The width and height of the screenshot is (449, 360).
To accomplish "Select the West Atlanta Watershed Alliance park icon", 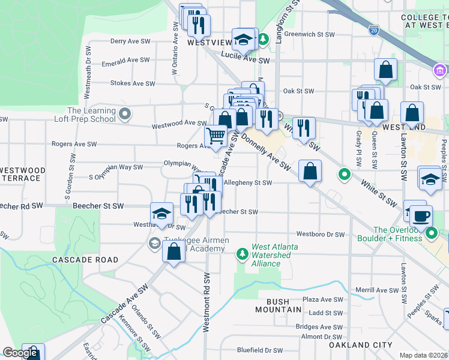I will pos(243,254).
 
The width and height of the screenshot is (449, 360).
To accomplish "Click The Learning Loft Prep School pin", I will pos(125,113).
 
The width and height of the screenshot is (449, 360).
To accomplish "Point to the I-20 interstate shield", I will pos(373,29).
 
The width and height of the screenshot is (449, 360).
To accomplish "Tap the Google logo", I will pos(20,353).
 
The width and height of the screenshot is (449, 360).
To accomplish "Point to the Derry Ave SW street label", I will pos(130,41).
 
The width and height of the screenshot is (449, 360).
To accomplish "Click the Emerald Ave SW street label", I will pos(125,61).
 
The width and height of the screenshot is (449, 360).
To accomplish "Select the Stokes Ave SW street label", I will pos(129,83).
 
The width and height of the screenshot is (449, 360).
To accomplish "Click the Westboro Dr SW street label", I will pos(321,235).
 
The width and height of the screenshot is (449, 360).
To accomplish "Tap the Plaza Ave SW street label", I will pos(322,299).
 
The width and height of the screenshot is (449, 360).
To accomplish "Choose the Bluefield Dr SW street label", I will pos(259,350).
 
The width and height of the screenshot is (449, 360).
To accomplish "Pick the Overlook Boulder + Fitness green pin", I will pos(430,233).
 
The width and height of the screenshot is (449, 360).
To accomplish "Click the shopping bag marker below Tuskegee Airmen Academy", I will pos(173,253).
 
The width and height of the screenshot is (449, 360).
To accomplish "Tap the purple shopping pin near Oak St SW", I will pos(439,71).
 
